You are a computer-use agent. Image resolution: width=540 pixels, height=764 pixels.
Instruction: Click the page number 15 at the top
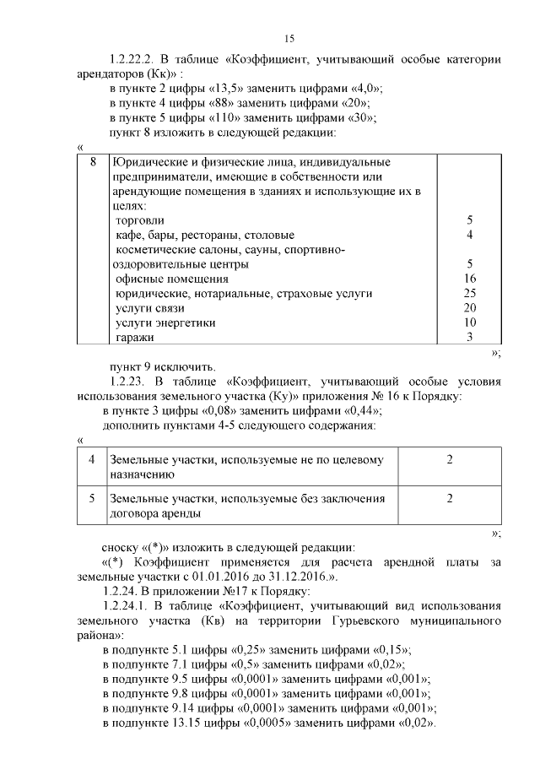point(289,39)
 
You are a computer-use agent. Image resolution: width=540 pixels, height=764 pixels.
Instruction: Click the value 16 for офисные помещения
point(470,278)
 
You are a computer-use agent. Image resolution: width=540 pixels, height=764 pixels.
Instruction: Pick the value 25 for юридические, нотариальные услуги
point(470,293)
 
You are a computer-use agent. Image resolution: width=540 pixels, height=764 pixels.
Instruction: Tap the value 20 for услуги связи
point(470,307)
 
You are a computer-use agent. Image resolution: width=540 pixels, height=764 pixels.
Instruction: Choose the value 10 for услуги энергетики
point(470,322)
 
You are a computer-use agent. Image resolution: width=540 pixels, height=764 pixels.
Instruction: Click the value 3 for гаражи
point(469,337)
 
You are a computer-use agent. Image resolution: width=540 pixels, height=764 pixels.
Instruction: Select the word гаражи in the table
point(135,337)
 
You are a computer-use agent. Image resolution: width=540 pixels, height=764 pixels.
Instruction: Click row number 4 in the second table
point(92,460)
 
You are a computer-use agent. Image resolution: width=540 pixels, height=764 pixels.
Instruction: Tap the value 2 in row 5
point(450,499)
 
